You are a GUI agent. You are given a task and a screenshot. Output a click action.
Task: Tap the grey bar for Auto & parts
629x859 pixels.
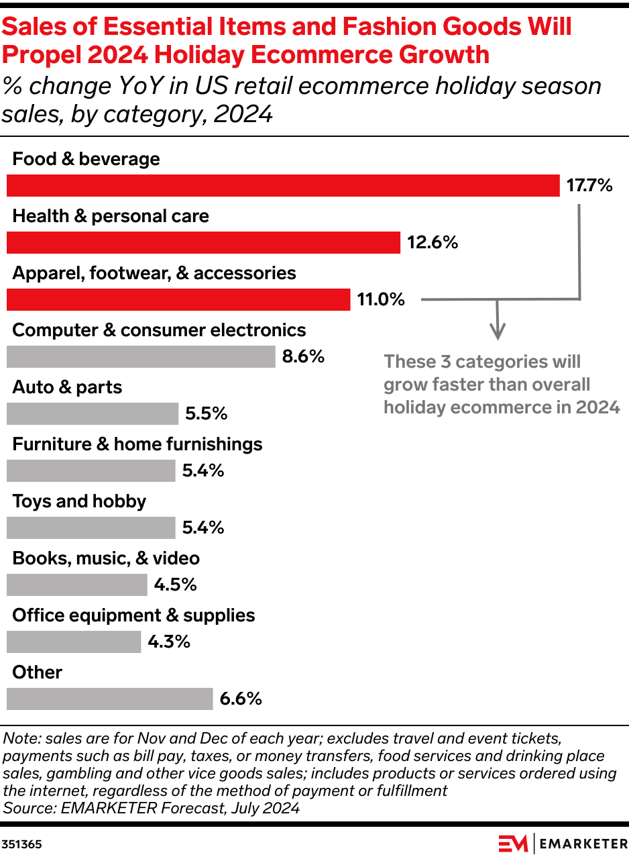[x=93, y=413]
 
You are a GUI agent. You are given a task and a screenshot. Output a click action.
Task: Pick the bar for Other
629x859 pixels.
[x=109, y=699]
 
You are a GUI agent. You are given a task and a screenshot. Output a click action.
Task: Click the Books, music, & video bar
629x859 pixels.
[x=76, y=585]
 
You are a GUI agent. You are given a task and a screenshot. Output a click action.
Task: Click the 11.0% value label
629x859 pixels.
[x=381, y=300]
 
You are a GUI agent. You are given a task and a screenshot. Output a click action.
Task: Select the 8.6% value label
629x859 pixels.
[x=303, y=357]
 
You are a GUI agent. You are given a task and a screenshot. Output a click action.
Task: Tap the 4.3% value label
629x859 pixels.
[x=169, y=642]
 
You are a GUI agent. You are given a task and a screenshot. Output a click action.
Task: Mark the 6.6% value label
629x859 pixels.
[x=241, y=699]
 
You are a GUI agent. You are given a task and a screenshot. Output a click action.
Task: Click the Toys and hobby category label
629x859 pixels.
[x=79, y=501]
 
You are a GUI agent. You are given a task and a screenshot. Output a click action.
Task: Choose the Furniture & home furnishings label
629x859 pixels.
[x=137, y=444]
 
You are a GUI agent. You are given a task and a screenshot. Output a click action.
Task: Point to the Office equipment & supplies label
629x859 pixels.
[x=133, y=615]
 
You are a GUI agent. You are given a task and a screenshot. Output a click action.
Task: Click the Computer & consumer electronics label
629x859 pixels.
[x=159, y=330]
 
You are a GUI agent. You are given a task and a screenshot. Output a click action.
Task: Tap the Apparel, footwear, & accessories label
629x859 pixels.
[x=154, y=273]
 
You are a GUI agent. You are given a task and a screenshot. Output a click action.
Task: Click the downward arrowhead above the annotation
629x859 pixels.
[x=497, y=331]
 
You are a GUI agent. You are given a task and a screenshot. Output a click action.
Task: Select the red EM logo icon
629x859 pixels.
[x=512, y=843]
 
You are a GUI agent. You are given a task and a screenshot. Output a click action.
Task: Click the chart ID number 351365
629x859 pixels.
[x=21, y=844]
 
